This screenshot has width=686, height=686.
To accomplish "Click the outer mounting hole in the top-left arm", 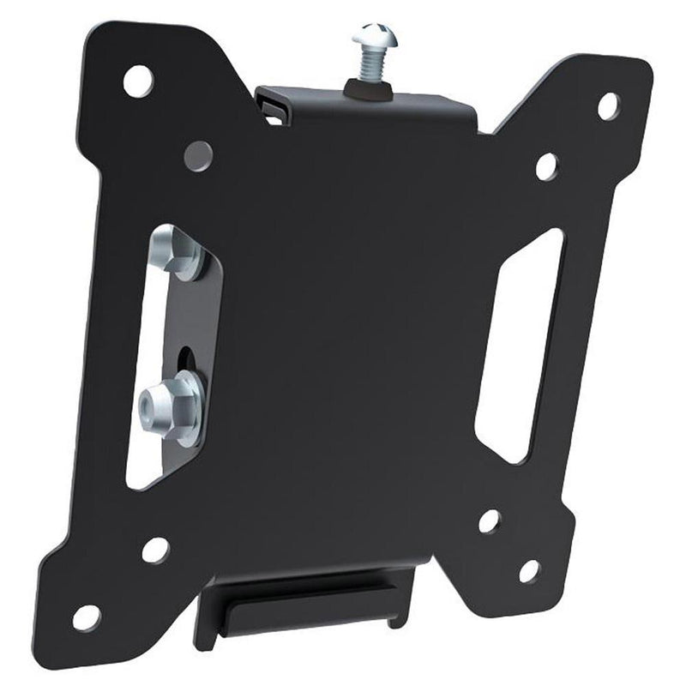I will point(137,81).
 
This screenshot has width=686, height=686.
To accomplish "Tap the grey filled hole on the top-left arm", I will point(199,155).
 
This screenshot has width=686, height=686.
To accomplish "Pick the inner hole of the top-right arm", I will point(547,166).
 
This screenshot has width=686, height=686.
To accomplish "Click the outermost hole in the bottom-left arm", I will point(87,616).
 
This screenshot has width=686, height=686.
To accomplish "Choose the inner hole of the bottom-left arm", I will point(155,550).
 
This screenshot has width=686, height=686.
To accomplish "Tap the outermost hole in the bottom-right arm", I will point(529,569).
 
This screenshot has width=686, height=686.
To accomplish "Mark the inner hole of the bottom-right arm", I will point(490,521).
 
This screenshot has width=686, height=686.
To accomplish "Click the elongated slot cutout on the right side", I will point(519,343).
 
